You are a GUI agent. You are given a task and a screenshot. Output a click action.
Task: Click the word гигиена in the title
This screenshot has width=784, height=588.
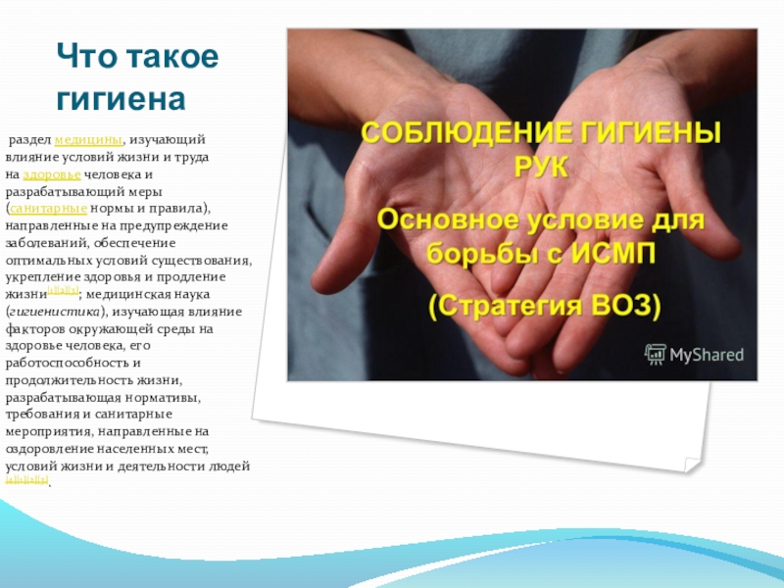(121, 99)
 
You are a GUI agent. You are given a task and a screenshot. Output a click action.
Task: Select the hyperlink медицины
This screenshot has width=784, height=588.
(89, 142)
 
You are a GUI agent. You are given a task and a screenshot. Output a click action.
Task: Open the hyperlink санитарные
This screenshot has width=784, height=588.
(49, 209)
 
